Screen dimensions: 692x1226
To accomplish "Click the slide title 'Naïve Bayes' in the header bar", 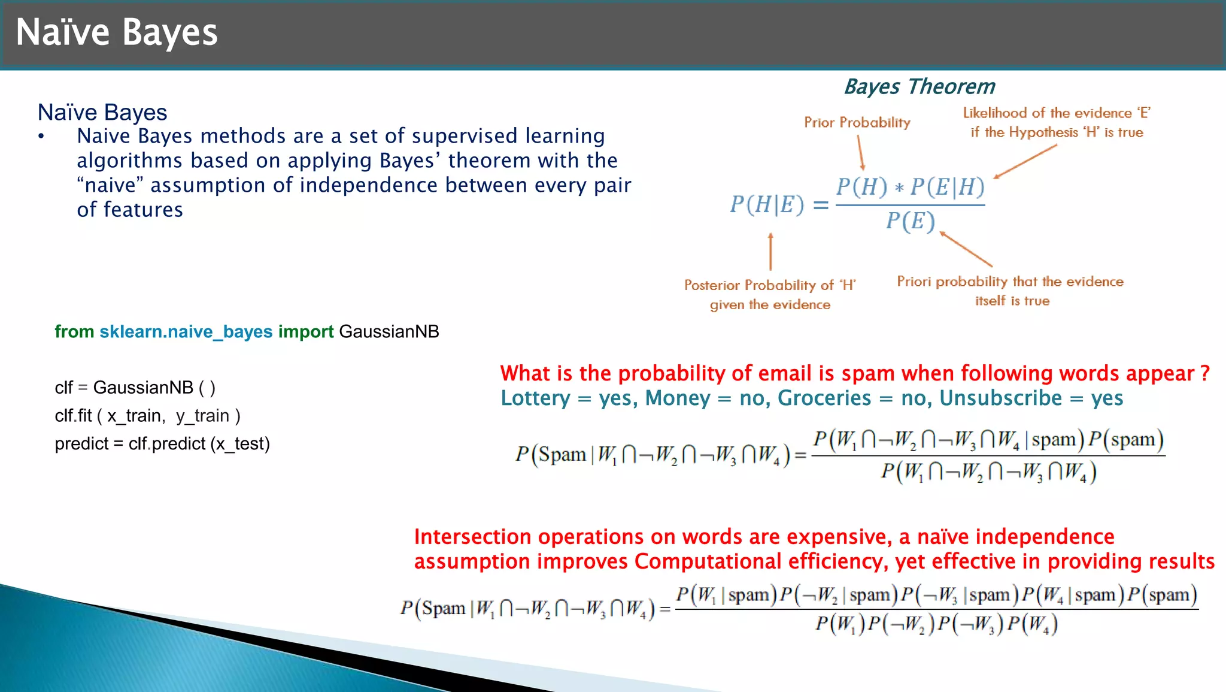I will click(x=117, y=32).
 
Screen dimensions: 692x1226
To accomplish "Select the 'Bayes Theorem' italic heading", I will click(x=919, y=87).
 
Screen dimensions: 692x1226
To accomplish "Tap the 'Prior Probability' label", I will click(x=857, y=122).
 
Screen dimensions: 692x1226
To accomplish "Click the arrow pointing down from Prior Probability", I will click(x=861, y=152).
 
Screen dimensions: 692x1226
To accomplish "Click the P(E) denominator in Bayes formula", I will click(x=910, y=221).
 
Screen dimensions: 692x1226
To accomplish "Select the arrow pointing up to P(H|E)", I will click(x=770, y=252).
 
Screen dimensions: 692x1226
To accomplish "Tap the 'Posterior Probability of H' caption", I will click(x=770, y=285).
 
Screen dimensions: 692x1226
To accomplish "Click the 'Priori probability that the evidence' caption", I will click(x=1010, y=282).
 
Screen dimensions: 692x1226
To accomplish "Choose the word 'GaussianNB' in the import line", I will click(x=389, y=331).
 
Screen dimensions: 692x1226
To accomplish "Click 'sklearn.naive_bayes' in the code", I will click(x=186, y=331).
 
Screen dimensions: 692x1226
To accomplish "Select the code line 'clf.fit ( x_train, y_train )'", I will click(x=147, y=415).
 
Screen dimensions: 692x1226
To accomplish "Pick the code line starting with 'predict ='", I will click(x=162, y=443).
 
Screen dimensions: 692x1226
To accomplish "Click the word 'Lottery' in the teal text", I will click(x=535, y=398).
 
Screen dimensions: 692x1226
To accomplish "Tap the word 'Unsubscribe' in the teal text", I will click(x=1000, y=398).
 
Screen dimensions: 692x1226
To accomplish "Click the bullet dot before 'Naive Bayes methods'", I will click(x=41, y=137).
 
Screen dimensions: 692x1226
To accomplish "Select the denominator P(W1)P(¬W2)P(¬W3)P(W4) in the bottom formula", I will click(x=936, y=624).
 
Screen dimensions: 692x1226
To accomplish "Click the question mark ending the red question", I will click(x=1205, y=373).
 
